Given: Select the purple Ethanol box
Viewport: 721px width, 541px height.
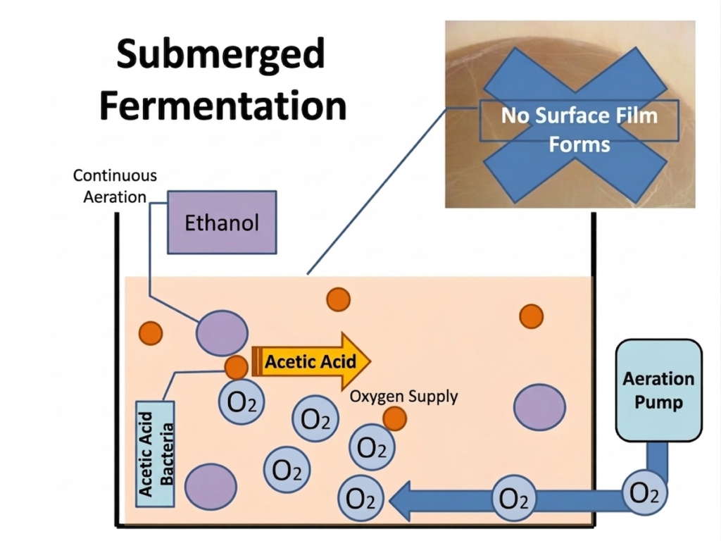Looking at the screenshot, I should click(x=222, y=222).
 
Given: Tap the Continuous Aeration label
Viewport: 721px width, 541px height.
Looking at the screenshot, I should click(x=115, y=185).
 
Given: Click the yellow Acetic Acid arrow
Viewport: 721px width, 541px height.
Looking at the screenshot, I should click(x=310, y=362).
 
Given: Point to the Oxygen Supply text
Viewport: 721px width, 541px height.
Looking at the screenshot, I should click(x=403, y=397).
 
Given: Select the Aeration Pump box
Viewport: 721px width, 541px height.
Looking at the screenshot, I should click(x=658, y=390).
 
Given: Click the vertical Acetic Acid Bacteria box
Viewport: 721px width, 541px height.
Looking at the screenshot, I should click(x=156, y=453).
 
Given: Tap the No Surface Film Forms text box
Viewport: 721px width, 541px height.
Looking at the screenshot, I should click(x=579, y=130).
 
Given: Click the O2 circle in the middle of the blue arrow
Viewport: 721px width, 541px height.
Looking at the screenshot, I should click(x=513, y=499).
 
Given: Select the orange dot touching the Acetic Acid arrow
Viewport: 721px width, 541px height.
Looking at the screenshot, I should click(x=236, y=367).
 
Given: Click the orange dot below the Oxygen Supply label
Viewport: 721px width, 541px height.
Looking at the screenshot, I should click(x=395, y=418).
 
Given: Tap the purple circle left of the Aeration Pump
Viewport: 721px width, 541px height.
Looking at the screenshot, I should click(x=539, y=407).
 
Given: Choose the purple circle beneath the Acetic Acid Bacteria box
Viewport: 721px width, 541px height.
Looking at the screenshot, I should click(x=210, y=486).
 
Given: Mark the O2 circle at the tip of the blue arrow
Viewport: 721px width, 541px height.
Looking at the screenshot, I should click(x=361, y=499).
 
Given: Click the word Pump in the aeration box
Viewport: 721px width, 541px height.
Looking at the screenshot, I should click(x=658, y=403).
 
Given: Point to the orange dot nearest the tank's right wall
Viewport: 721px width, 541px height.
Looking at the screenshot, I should click(x=531, y=316).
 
